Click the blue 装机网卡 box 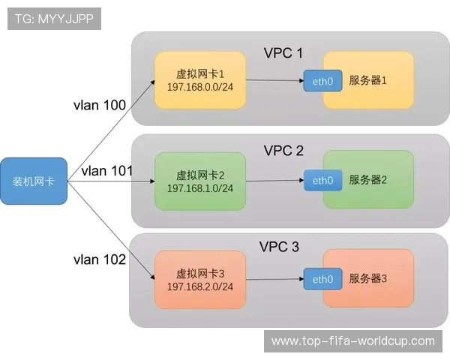pos(34,181)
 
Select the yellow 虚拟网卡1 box pos(199,81)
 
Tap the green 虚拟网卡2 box pos(199,181)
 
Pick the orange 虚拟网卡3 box pos(199,279)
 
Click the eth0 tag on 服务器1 pos(322,81)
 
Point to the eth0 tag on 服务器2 pos(322,181)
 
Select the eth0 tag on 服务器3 pos(322,279)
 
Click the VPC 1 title pos(283,53)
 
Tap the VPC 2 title pos(283,151)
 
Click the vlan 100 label pos(99,105)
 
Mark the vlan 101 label pos(107,171)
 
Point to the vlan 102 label pos(99,259)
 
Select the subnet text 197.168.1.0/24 pos(200,188)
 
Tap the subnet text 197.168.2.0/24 pos(200,286)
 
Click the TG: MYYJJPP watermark pos(53,19)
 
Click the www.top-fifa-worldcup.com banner pos(352,341)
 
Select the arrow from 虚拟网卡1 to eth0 pos(274,81)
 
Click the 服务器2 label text pos(367,181)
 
